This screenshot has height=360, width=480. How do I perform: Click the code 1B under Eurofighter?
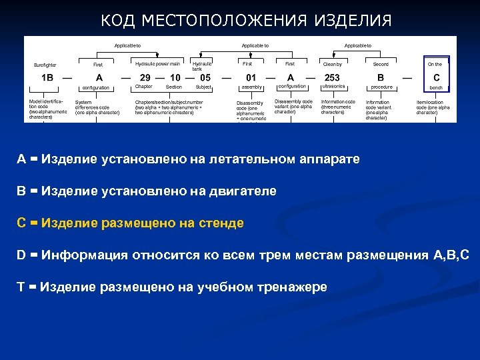pos(47,77)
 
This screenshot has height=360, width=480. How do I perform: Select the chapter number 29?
pos(145,77)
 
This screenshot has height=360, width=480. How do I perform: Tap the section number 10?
pos(175,77)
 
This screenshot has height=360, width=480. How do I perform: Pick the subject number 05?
pos(205,77)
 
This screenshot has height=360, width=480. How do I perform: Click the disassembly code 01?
pos(251,77)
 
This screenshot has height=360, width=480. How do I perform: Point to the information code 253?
pos(332,77)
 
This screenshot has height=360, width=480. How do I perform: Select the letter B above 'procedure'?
pos(381,77)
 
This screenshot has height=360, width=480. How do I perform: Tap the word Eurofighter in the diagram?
pos(45,65)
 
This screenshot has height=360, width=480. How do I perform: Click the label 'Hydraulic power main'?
pos(157,63)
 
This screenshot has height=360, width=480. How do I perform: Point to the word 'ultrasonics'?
pos(333,87)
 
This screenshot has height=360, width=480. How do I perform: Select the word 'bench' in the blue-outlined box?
pos(436,87)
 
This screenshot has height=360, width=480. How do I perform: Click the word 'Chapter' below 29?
pos(144,87)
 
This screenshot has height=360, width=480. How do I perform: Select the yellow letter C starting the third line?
pos(22,223)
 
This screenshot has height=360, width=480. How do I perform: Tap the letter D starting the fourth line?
pos(22,255)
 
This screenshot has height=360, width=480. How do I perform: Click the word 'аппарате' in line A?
pos(323,159)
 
